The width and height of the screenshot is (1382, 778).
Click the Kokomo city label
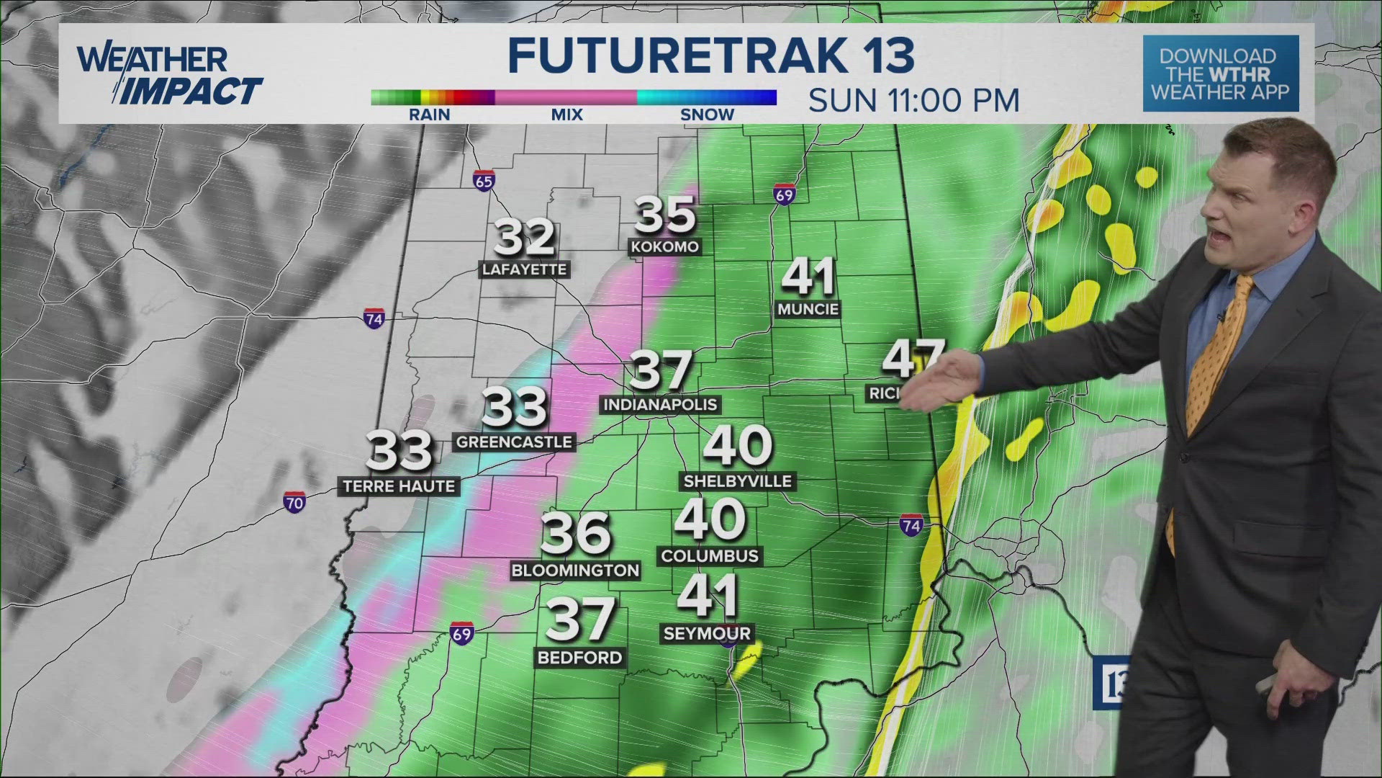(664, 247)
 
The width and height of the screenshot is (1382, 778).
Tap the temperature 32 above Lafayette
(524, 237)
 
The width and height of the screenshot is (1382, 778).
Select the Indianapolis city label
(660, 405)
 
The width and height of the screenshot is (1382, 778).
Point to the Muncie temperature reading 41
(808, 277)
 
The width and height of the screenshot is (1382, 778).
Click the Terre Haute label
(399, 487)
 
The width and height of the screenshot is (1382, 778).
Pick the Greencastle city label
(514, 442)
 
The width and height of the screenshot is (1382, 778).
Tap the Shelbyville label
(737, 481)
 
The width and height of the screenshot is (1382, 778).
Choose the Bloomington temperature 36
(575, 534)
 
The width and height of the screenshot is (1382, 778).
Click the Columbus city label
(710, 556)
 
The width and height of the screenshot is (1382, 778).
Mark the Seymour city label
(707, 634)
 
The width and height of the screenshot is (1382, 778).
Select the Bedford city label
(579, 658)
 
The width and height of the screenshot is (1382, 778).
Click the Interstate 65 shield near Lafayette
(484, 181)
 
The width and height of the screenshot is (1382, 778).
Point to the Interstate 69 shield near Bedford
(461, 634)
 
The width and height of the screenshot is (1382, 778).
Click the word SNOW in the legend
(707, 115)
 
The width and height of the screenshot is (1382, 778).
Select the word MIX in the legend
(566, 115)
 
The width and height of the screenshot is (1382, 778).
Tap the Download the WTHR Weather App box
(1221, 73)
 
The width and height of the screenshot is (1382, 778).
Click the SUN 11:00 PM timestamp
(913, 100)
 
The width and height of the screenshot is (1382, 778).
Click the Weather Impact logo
(169, 75)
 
